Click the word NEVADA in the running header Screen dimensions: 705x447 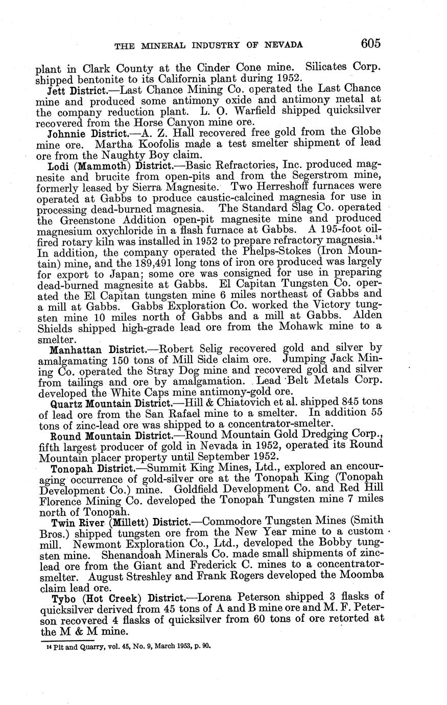(x=282, y=45)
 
